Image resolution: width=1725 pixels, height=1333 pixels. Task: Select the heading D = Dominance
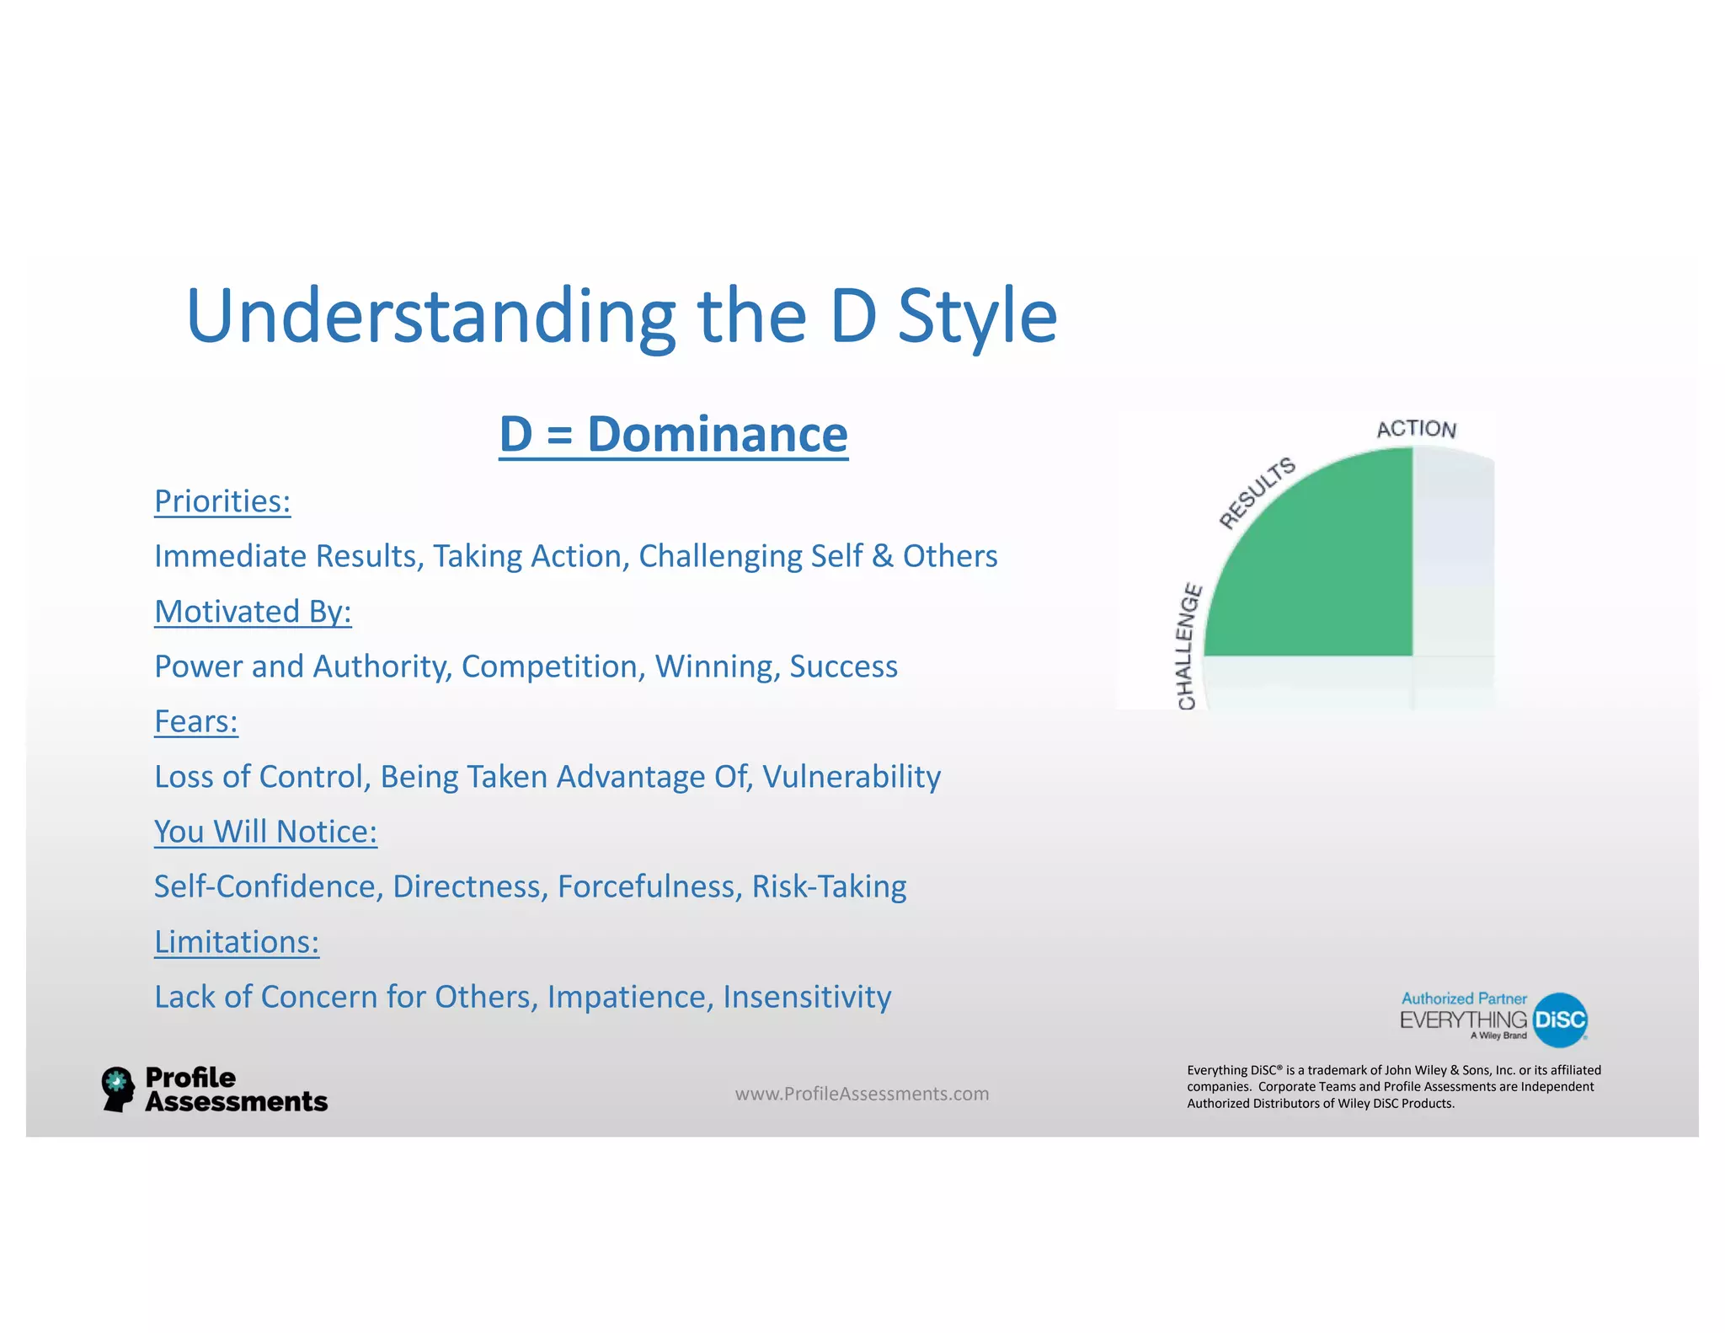(x=673, y=435)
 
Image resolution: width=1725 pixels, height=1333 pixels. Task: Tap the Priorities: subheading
(x=222, y=501)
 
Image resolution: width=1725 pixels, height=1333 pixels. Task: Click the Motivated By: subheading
(x=253, y=612)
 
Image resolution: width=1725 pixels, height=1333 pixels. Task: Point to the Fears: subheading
(x=196, y=722)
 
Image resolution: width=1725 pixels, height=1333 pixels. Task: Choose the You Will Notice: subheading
(x=265, y=832)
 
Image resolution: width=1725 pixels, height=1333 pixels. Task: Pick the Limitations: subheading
(x=237, y=942)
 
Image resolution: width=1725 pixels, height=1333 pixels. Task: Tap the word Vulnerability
(x=851, y=777)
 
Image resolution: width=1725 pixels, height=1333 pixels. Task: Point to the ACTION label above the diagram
(x=1416, y=429)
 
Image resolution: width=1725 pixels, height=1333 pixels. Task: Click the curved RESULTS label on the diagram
(x=1257, y=493)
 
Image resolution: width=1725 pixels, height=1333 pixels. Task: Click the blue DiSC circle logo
(x=1560, y=1020)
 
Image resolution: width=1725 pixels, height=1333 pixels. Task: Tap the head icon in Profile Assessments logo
(x=118, y=1089)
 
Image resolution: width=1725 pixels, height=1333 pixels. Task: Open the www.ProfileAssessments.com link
(x=862, y=1094)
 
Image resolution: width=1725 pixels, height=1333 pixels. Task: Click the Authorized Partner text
(x=1463, y=998)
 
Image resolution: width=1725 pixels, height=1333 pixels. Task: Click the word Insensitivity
(x=807, y=997)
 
